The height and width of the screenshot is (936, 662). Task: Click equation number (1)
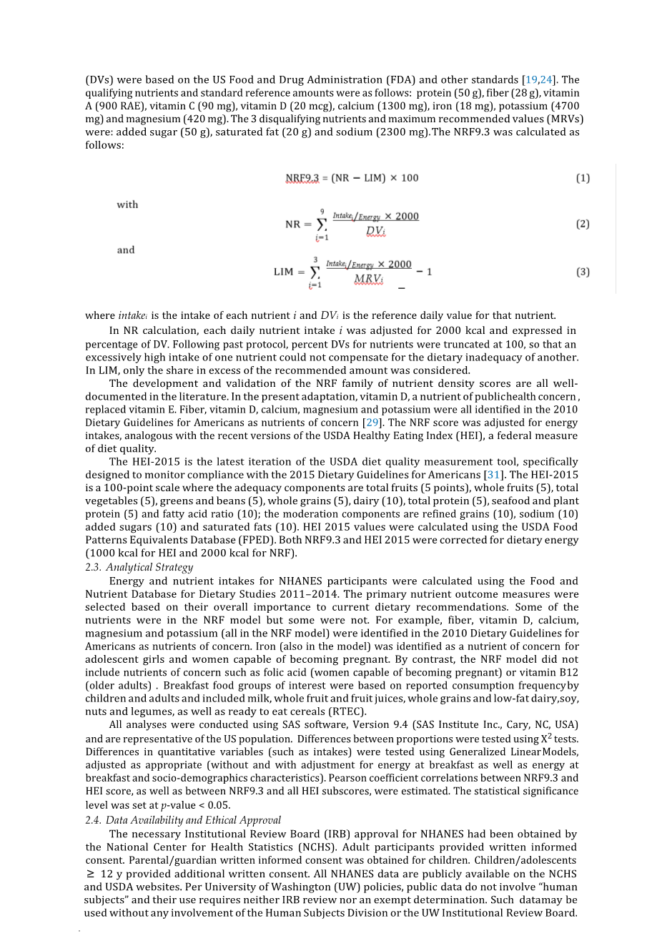click(583, 178)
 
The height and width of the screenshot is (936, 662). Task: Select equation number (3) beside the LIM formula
click(583, 272)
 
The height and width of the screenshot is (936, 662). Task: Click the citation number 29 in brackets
click(372, 423)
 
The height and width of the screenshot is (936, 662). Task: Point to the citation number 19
click(531, 80)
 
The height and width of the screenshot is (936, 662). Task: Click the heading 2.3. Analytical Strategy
click(139, 567)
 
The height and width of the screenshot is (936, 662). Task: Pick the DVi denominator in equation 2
click(375, 230)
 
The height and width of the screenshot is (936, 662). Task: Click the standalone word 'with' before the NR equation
click(127, 205)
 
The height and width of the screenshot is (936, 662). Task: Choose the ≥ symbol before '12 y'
click(91, 874)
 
